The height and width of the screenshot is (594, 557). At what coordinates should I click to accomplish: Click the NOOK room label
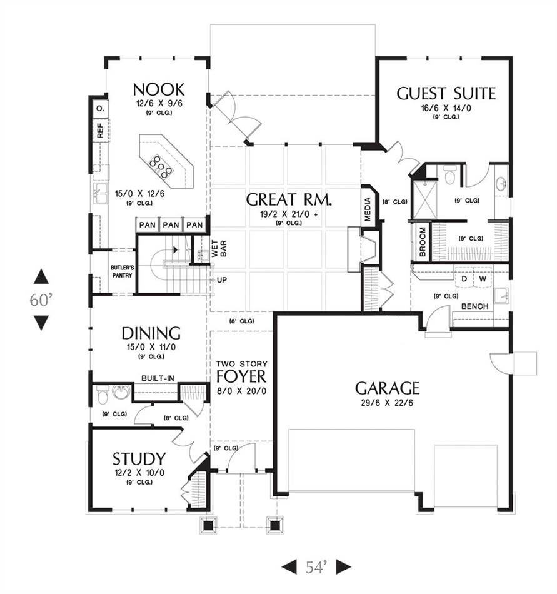(x=159, y=90)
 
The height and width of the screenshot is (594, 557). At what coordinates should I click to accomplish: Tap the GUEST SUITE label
(x=446, y=94)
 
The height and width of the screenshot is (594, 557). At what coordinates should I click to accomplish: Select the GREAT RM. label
(x=289, y=199)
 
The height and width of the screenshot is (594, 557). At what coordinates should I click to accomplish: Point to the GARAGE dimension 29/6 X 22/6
(x=387, y=403)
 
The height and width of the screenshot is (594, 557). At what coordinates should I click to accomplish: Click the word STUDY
(x=139, y=459)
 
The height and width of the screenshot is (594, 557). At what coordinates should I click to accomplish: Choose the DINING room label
(x=151, y=333)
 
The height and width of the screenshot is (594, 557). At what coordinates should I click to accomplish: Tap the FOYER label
(x=241, y=376)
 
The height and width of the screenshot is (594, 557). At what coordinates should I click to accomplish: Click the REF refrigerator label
(x=101, y=130)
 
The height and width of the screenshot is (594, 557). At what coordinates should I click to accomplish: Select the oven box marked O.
(x=101, y=108)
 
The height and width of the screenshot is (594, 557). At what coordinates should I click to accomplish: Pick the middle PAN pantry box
(x=171, y=225)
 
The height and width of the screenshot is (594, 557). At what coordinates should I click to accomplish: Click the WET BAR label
(x=219, y=249)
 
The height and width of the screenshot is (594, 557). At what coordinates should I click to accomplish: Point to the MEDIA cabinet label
(x=368, y=209)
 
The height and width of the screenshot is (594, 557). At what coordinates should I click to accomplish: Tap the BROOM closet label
(x=423, y=242)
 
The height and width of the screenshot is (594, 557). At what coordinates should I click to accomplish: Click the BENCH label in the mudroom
(x=475, y=306)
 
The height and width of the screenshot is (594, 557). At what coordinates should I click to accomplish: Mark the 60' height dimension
(x=41, y=300)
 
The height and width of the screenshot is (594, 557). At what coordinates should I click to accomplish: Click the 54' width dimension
(x=316, y=567)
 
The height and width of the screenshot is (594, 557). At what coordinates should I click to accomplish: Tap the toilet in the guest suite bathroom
(x=449, y=174)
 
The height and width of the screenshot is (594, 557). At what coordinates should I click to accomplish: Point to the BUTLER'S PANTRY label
(x=122, y=271)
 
